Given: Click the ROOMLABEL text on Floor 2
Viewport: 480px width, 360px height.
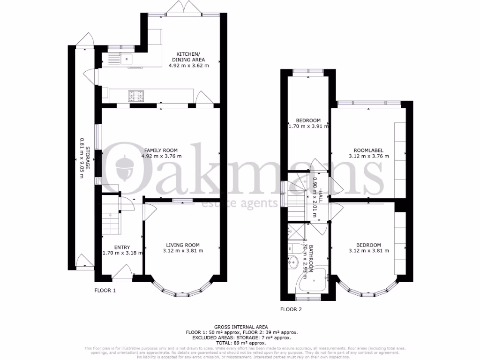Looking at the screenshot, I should click(x=368, y=150).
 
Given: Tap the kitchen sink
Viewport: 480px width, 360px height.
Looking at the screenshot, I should click(x=127, y=59).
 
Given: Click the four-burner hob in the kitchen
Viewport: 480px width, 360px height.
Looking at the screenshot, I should click(x=136, y=96).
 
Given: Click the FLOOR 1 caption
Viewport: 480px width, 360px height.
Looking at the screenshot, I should click(x=105, y=291).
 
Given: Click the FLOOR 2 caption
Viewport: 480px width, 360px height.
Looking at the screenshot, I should click(x=291, y=309).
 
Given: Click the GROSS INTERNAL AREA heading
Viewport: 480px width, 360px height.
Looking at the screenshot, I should click(x=240, y=327).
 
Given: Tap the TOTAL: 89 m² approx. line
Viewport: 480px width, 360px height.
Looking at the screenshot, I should click(x=240, y=343).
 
